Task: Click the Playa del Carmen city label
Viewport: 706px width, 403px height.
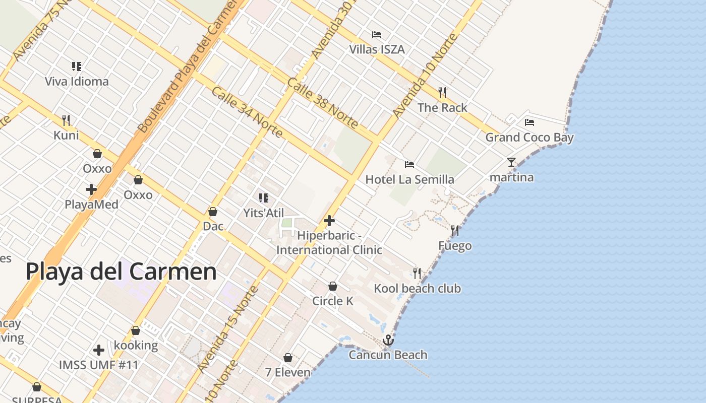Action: coord(121,272)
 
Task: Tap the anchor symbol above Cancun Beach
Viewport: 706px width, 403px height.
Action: coord(388,340)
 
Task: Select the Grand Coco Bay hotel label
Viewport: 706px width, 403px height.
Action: coord(529,137)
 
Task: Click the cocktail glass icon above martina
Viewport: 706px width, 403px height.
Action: coord(511,162)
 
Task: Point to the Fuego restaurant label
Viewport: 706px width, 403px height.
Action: coord(455,246)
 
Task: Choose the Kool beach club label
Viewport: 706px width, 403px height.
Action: coord(417,289)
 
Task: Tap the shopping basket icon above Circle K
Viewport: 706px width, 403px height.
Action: coord(333,286)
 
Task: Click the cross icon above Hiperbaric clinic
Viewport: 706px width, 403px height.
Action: coord(329,221)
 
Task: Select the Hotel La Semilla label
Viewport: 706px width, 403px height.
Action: coord(409,179)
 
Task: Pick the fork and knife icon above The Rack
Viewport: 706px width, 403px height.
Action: coord(442,92)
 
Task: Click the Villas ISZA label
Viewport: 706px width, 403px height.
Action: coord(377,49)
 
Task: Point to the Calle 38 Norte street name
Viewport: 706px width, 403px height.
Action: coord(323,103)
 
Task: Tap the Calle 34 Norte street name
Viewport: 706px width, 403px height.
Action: coord(247,112)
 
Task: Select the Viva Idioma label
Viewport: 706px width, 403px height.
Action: coord(77,81)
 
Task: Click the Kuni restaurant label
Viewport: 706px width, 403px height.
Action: coord(66,135)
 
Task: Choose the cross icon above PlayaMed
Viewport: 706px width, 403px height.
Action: coord(91,189)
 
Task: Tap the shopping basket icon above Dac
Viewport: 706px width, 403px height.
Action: coord(213,212)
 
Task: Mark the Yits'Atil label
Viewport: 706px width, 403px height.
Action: coord(264,213)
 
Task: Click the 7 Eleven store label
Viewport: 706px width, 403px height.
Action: coord(288,372)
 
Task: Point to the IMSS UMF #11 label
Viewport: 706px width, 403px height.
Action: coord(99,364)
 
